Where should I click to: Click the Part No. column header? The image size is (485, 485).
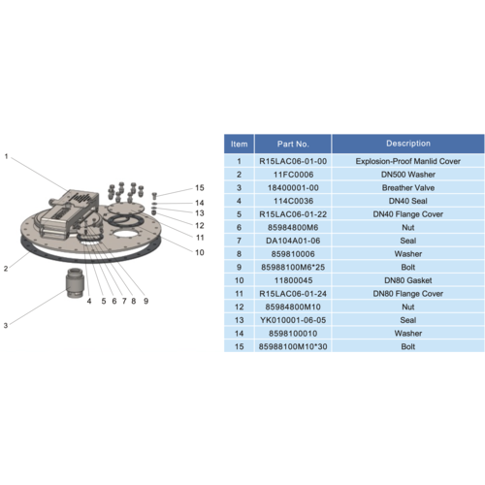click(x=293, y=144)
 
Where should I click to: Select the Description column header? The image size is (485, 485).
click(x=408, y=144)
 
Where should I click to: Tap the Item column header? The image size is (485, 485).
click(x=240, y=144)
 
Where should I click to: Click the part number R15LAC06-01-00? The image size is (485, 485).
click(x=293, y=161)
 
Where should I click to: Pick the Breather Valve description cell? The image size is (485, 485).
click(x=408, y=187)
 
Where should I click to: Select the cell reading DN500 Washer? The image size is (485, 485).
click(x=408, y=175)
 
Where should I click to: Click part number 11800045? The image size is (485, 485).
click(x=293, y=280)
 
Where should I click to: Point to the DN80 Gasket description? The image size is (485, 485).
click(x=408, y=280)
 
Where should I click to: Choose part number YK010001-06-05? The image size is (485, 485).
click(x=293, y=320)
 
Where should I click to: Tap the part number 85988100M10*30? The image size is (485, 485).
click(x=293, y=346)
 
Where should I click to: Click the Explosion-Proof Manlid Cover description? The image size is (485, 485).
click(x=408, y=161)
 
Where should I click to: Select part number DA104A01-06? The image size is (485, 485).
click(x=293, y=241)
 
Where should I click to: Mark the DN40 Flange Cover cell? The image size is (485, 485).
click(x=408, y=214)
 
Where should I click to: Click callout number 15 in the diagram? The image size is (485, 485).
click(x=200, y=188)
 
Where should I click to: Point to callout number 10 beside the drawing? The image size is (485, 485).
click(x=200, y=252)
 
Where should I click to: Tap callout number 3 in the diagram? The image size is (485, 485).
click(x=6, y=325)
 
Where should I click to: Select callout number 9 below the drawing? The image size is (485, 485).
click(x=146, y=301)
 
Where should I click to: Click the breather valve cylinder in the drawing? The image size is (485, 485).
click(x=75, y=283)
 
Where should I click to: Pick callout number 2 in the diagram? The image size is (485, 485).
click(x=6, y=269)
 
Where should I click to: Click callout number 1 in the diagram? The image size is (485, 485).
click(x=6, y=156)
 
